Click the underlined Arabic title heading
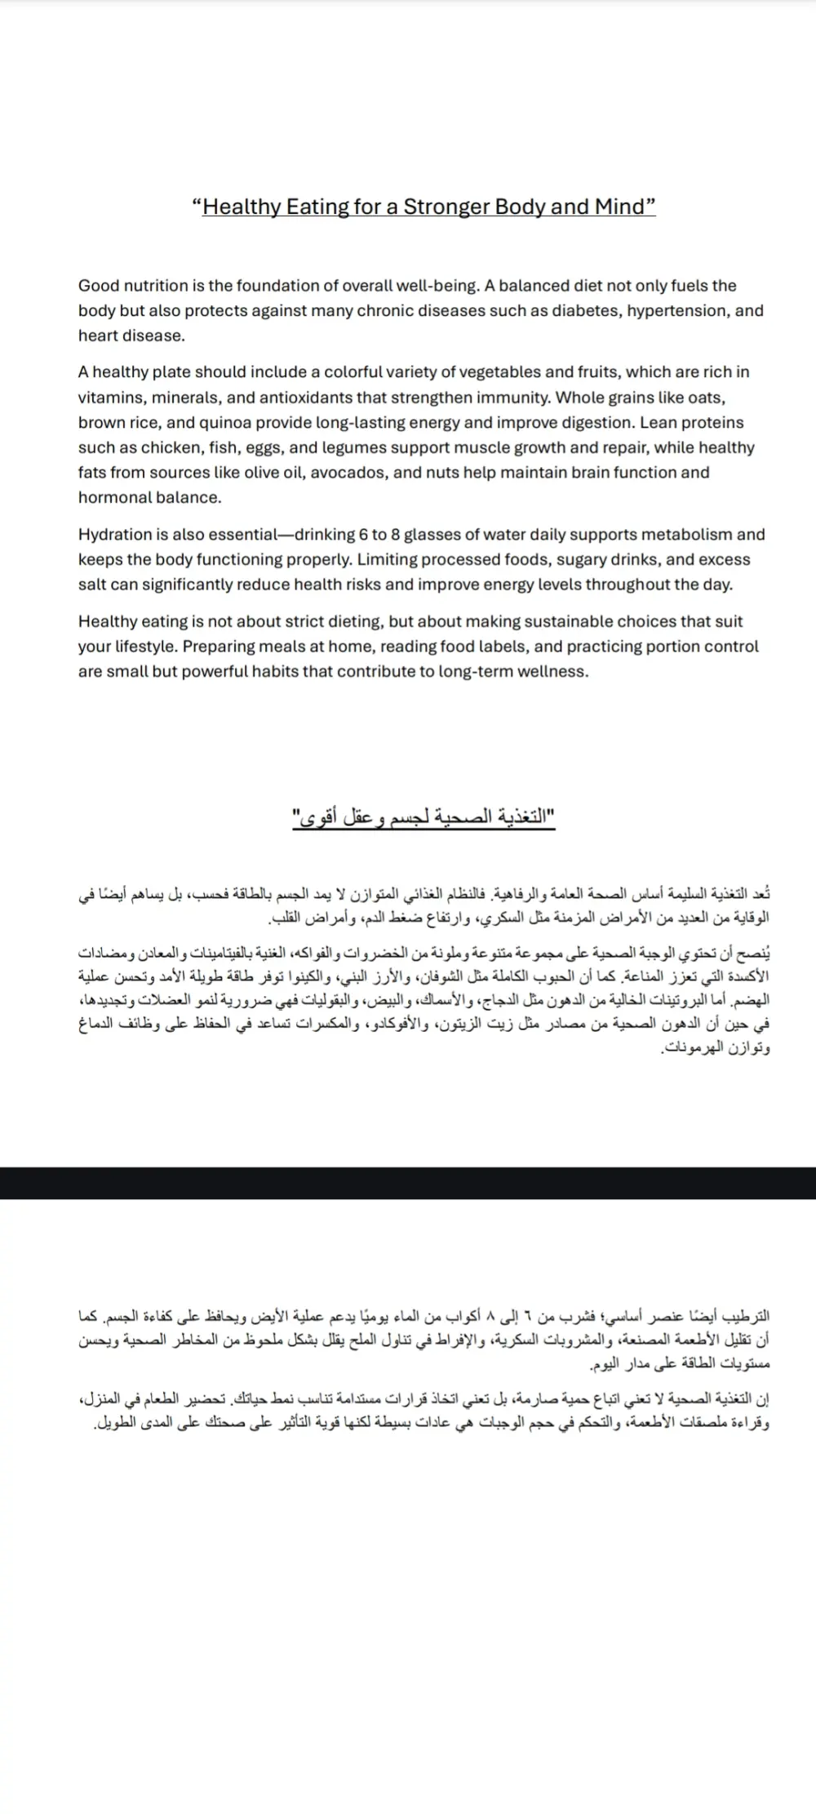tap(424, 816)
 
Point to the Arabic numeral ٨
tap(490, 1317)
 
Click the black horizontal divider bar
tap(408, 1183)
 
